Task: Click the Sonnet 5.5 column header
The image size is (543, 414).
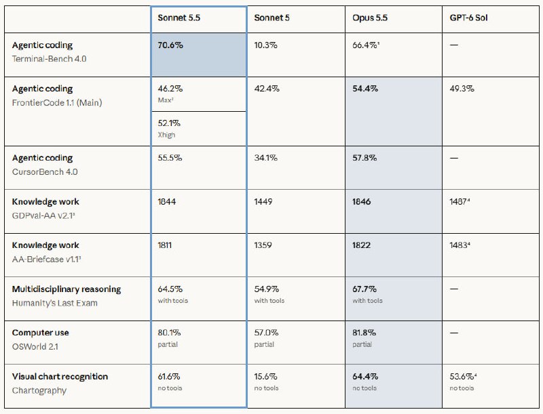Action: click(x=179, y=18)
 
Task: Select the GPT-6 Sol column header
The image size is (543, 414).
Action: click(x=468, y=18)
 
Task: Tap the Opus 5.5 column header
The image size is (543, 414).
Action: click(x=370, y=18)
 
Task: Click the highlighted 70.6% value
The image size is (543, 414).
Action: click(x=170, y=45)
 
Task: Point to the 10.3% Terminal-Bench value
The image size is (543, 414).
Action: click(x=265, y=45)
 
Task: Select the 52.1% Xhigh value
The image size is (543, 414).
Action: click(x=169, y=123)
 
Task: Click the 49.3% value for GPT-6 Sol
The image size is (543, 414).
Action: click(x=462, y=89)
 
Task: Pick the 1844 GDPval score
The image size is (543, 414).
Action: click(x=166, y=202)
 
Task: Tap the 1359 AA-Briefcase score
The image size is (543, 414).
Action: click(x=263, y=245)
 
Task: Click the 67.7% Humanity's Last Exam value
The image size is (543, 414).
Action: click(x=364, y=289)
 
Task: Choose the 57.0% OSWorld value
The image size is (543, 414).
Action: click(x=266, y=333)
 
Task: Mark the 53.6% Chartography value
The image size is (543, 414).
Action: click(x=463, y=377)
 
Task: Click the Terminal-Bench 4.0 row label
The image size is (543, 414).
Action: click(x=49, y=59)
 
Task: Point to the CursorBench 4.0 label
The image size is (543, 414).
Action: click(x=45, y=172)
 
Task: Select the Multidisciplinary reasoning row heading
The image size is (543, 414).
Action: click(x=67, y=289)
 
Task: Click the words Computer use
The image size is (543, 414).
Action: click(x=40, y=333)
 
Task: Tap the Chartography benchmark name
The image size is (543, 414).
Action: click(x=39, y=391)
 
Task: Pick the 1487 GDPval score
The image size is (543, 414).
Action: click(x=460, y=202)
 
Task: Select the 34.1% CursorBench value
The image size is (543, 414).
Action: click(x=265, y=158)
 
